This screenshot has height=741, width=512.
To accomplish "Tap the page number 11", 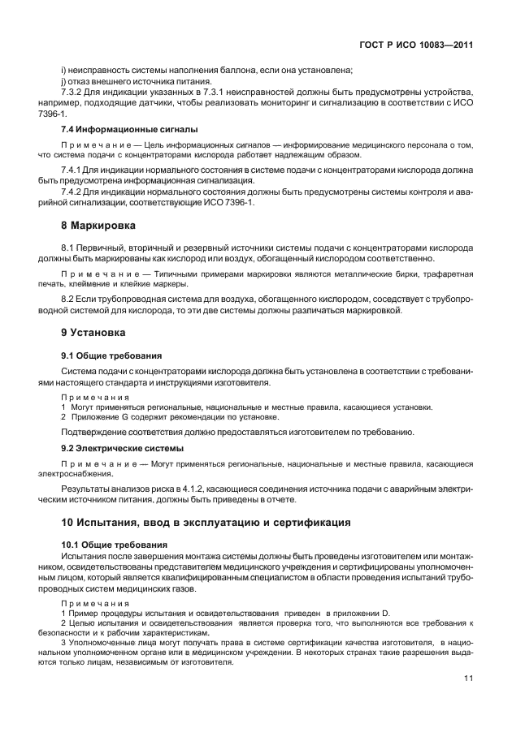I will (x=468, y=679).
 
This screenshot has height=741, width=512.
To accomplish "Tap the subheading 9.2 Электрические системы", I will (x=122, y=447).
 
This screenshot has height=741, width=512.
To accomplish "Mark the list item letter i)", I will (x=63, y=71).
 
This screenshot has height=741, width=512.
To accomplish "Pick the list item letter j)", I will (x=63, y=82).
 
